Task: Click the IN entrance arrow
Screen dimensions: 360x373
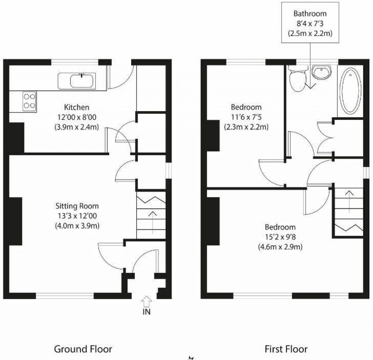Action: point(146,301)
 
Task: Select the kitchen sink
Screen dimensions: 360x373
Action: point(83,81)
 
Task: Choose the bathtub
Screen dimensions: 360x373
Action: point(350,90)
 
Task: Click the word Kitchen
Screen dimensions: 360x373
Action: point(76,107)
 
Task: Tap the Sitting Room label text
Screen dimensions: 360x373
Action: point(77,206)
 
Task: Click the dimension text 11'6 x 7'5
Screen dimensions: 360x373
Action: point(246,117)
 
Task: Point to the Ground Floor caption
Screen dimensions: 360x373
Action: point(83,349)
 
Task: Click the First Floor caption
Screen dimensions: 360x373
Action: point(286,349)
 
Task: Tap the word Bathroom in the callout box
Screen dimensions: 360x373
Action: point(310,14)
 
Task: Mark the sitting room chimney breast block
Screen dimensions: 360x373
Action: point(15,221)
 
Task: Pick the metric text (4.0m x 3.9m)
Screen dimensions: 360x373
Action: point(77,225)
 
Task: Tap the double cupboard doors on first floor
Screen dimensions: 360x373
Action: point(325,138)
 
